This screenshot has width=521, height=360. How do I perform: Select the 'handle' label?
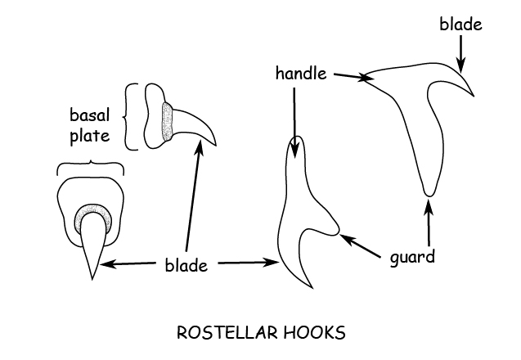click(x=301, y=74)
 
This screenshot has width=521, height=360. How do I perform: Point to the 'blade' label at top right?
click(x=460, y=24)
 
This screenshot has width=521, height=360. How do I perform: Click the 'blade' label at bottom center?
click(x=186, y=264)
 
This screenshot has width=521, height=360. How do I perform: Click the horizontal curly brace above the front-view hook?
click(x=90, y=167)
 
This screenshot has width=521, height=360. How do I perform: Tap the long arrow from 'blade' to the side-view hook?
click(x=193, y=196)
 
